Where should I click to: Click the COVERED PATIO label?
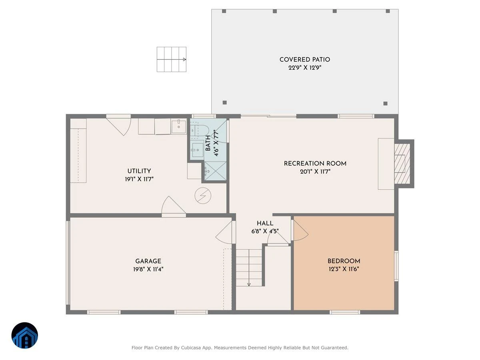305,60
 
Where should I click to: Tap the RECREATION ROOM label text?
315,164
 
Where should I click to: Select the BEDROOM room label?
344,261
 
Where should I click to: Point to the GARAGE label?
148,261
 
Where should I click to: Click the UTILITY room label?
139,171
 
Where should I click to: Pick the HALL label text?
265,223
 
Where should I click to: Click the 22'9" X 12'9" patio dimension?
305,68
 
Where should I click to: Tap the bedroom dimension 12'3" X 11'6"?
344,269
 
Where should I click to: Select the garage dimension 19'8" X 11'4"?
148,269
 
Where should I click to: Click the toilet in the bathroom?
200,131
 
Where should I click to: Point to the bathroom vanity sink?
198,150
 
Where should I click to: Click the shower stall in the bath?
215,171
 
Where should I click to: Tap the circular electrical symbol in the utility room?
203,196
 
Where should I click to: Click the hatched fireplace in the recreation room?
402,164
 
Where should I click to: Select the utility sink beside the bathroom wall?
179,126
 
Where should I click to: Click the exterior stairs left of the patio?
172,59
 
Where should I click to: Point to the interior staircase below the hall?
249,268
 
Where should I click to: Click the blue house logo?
25,335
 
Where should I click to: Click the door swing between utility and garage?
174,205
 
